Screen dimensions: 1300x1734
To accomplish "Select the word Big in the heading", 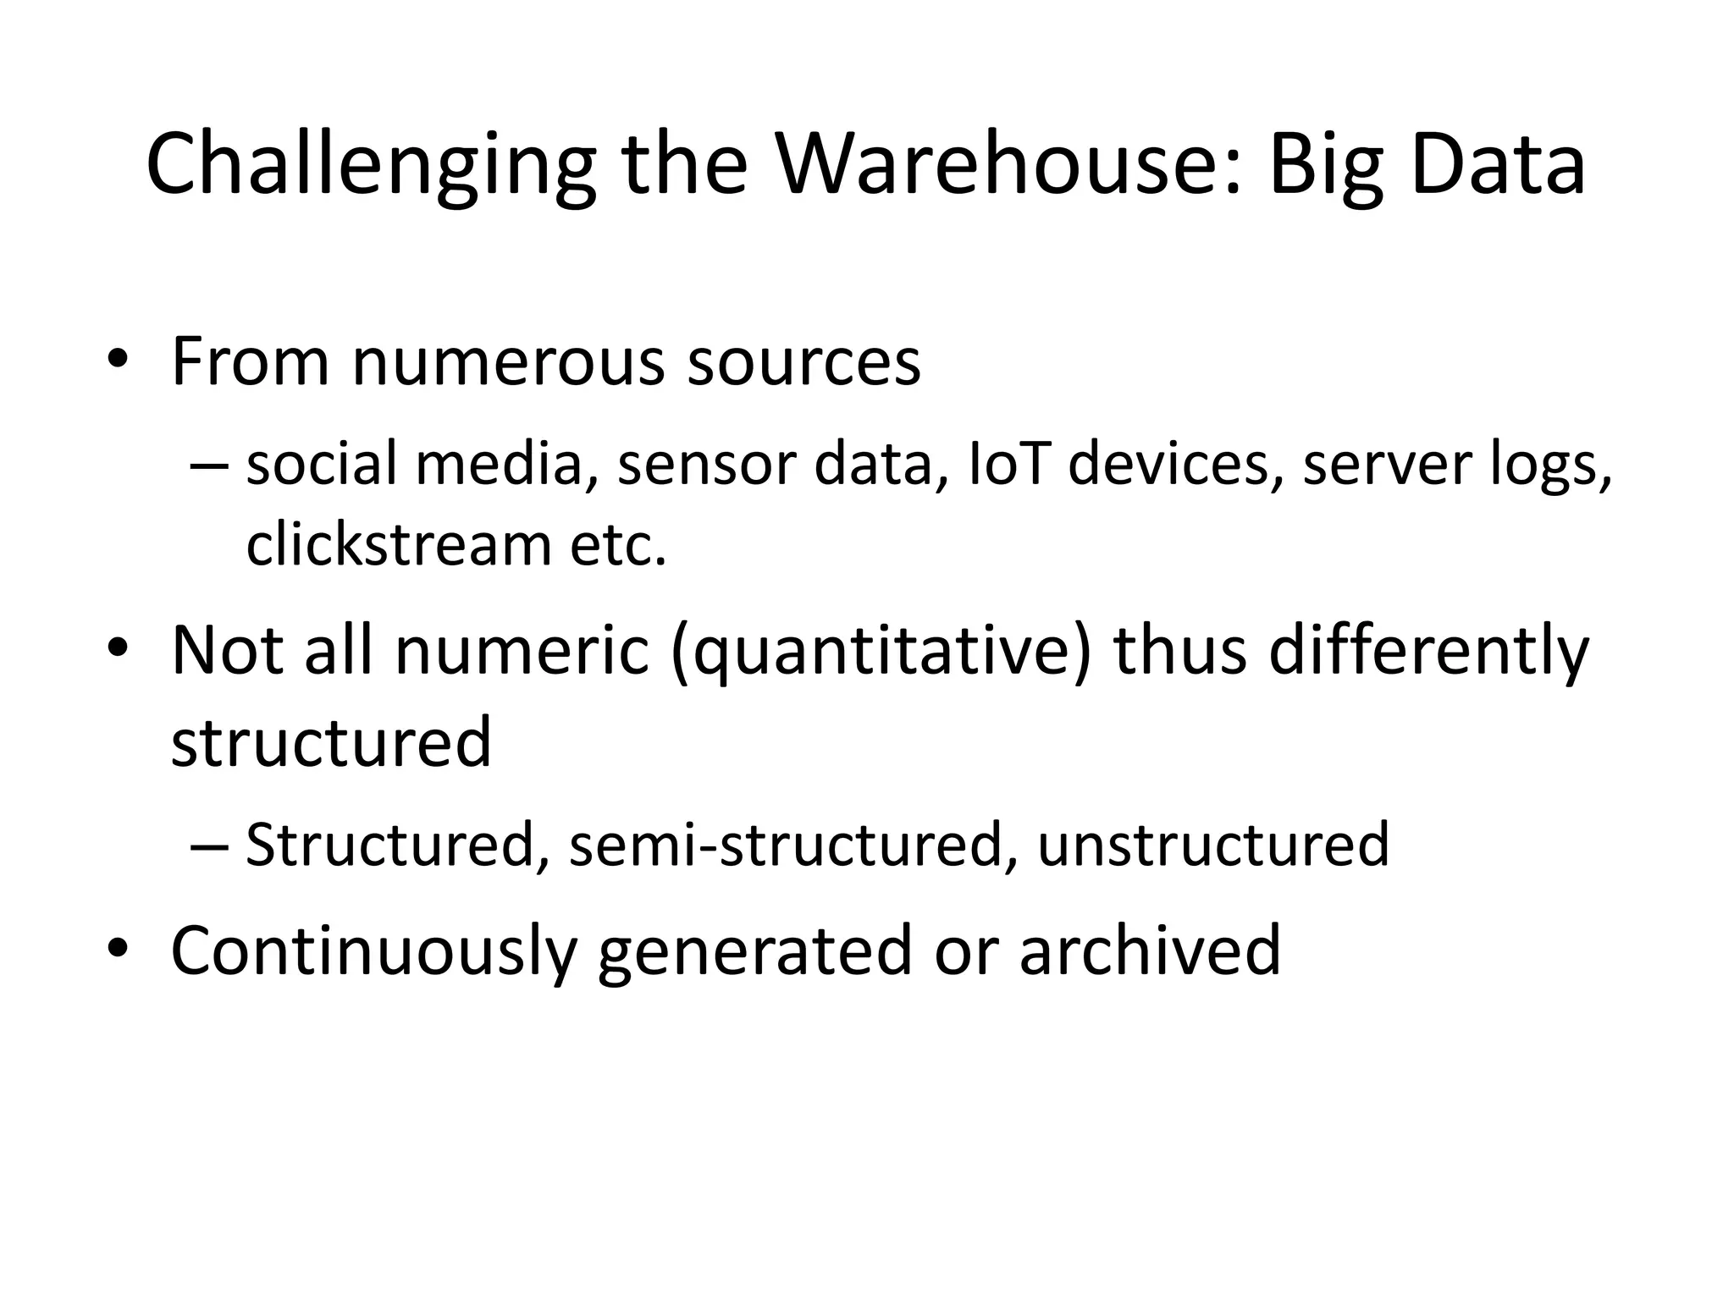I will pyautogui.click(x=1324, y=166).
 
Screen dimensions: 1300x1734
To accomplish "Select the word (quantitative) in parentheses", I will pyautogui.click(x=881, y=652).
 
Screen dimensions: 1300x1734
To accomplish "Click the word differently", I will pyautogui.click(x=1430, y=652).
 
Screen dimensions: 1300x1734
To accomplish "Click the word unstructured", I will pyautogui.click(x=1212, y=845).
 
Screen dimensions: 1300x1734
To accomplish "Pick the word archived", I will pyautogui.click(x=1149, y=950).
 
